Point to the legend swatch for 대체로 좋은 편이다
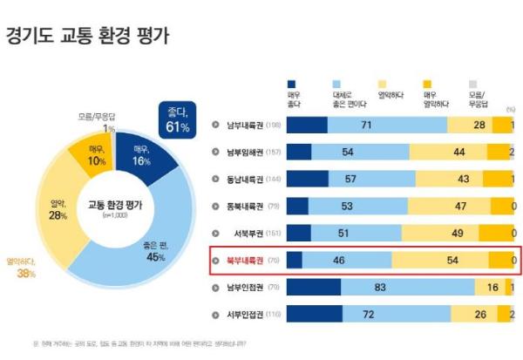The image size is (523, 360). (336, 81)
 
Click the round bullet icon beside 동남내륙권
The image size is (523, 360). (215, 179)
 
